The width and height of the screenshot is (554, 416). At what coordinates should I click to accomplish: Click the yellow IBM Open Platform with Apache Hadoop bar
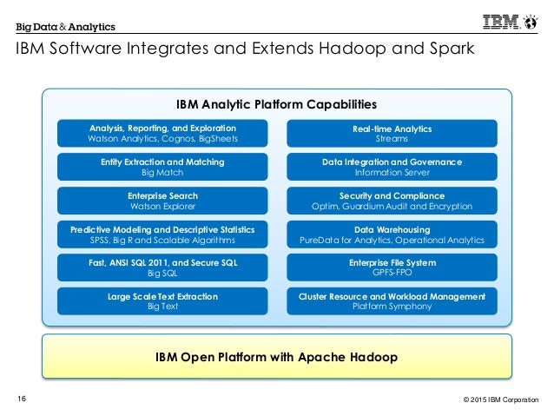(276, 357)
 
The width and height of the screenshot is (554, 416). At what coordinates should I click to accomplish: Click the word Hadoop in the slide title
(366, 49)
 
